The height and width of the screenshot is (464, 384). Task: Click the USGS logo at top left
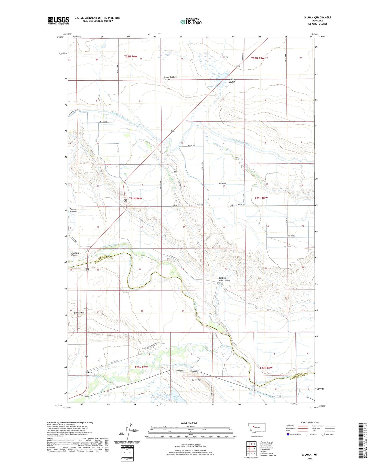[58, 20]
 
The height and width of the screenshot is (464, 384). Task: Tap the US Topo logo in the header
[191, 22]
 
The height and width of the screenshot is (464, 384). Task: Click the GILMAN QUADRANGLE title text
[317, 17]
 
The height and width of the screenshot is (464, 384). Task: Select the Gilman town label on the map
[89, 372]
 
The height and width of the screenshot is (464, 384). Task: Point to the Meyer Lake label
[176, 398]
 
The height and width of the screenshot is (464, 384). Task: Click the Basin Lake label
[213, 87]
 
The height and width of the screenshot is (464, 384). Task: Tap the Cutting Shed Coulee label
[224, 279]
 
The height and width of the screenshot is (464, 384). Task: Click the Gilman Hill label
[79, 312]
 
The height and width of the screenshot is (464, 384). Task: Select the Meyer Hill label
[196, 380]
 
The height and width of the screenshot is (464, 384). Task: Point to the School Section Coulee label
[170, 78]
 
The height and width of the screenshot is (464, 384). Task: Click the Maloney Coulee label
[232, 80]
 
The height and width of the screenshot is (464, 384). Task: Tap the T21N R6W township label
[135, 198]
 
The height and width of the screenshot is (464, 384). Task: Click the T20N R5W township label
[266, 368]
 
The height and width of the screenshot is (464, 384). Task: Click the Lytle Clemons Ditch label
[181, 365]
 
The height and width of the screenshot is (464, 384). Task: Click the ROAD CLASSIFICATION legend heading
[310, 422]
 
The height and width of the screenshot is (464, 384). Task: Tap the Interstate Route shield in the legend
[288, 434]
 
